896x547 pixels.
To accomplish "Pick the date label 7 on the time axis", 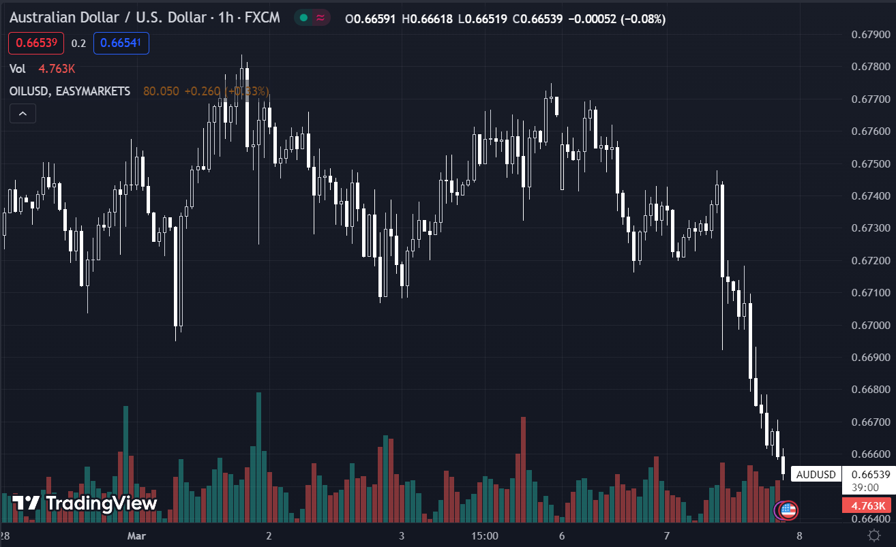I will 667,535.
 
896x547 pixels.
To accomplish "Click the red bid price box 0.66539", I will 36,44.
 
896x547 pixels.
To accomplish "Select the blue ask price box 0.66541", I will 121,44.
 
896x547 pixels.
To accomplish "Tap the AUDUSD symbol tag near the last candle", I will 816,474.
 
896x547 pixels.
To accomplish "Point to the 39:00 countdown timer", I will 864,488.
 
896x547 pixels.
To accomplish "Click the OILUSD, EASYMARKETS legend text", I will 70,91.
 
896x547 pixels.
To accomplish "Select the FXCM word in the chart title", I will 261,18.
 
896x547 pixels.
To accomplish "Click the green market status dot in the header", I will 303,18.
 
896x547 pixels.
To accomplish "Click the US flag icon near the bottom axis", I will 788,509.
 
